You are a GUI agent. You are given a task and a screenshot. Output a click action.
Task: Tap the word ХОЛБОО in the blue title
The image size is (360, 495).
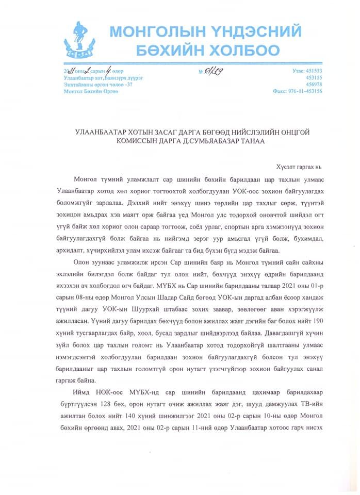tap(244, 51)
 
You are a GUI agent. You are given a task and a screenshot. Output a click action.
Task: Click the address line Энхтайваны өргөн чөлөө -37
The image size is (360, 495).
tap(97, 84)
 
